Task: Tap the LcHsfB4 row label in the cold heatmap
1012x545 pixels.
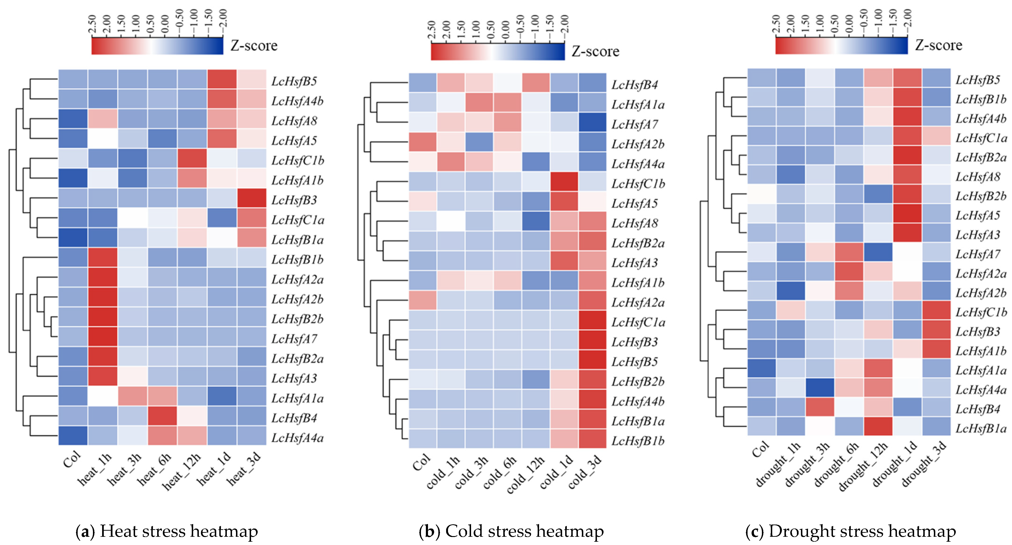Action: (634, 84)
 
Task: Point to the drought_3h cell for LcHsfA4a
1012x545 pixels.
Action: (820, 388)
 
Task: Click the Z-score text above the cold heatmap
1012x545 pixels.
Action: (595, 52)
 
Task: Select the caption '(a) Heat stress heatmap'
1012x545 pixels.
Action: (167, 531)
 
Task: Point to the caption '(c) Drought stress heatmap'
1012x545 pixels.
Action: (851, 531)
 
